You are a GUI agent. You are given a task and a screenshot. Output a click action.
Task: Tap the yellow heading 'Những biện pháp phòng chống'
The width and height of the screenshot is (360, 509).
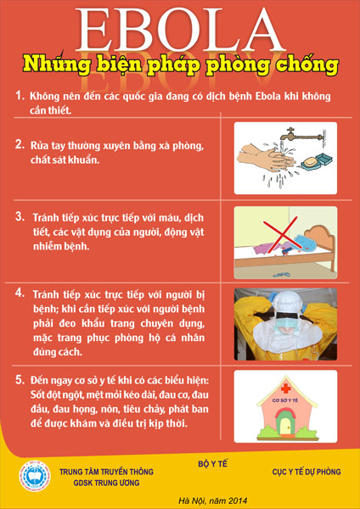pyautogui.click(x=180, y=64)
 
